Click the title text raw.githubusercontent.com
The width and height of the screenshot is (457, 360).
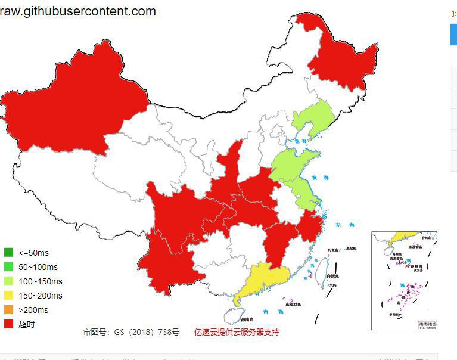[x=78, y=11]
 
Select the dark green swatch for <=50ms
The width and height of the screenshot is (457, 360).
[x=8, y=252]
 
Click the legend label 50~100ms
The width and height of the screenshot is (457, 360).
[x=38, y=267]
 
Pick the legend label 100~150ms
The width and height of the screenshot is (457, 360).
[x=40, y=281]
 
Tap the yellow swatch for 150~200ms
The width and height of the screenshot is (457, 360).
[x=8, y=296]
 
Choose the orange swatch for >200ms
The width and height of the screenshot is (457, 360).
[x=8, y=310]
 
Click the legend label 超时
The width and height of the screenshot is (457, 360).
[x=27, y=324]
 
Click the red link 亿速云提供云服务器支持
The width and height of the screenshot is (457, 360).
[x=237, y=332]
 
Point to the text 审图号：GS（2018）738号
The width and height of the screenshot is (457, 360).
[x=131, y=332]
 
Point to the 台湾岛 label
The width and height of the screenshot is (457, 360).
[x=332, y=277]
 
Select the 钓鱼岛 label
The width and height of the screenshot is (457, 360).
[x=333, y=250]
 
